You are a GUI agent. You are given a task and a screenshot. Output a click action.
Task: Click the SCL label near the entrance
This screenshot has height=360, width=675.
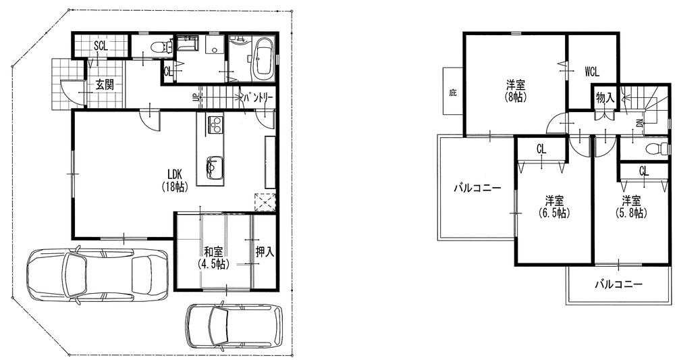101,46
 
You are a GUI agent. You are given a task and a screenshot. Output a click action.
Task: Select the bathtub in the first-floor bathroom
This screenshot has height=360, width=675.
263,58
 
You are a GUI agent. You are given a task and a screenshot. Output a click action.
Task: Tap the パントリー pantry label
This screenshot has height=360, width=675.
258,98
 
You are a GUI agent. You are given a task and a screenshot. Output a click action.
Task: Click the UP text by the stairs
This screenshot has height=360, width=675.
196,97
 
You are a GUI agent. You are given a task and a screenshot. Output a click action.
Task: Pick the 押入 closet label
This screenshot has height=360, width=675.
264,252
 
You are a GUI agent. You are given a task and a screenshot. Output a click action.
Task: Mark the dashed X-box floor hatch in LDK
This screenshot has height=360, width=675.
265,202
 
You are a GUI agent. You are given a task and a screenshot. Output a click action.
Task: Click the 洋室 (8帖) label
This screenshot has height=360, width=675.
516,90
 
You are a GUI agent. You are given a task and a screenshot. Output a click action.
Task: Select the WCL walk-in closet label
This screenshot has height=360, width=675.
591,71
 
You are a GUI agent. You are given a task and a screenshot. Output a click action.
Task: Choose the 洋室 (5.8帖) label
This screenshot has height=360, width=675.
630,206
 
